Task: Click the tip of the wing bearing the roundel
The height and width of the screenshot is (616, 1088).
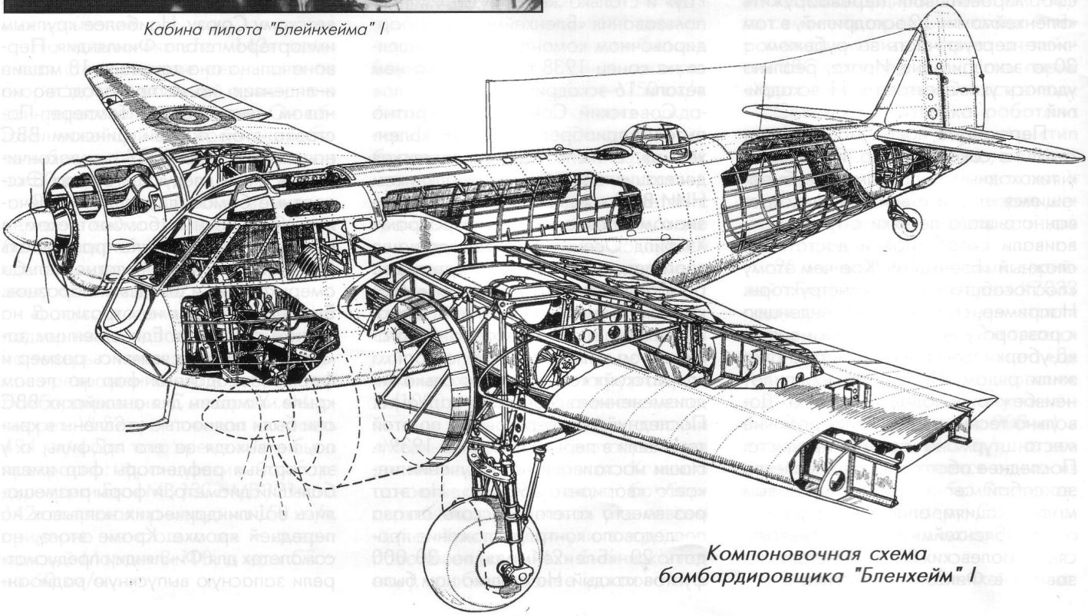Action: point(96,77)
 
